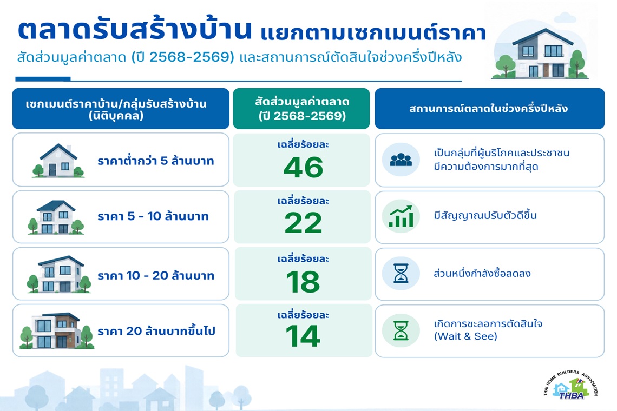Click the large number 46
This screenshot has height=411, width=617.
point(303,168)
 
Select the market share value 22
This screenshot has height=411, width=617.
point(303,223)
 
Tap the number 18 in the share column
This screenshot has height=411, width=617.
point(303,282)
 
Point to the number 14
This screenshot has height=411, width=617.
point(303,336)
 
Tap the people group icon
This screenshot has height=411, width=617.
point(401,160)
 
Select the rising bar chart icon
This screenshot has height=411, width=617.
point(401,216)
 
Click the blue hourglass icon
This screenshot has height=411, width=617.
point(401,273)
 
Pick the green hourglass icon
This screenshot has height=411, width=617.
point(401,330)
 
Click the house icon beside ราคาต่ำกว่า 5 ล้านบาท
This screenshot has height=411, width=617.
point(58,161)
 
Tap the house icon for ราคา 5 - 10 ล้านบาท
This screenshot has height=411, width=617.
point(56,217)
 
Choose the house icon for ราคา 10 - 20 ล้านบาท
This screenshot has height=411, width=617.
point(58,275)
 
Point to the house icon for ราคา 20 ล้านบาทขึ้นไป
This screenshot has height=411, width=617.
point(57,331)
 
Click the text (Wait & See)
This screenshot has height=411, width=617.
point(465,337)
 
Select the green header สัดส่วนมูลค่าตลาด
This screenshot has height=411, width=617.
point(301,109)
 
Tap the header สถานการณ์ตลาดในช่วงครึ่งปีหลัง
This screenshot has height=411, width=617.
point(489,109)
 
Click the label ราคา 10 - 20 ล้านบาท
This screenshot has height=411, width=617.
point(156,275)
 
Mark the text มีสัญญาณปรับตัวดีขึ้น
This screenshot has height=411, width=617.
point(485,215)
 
